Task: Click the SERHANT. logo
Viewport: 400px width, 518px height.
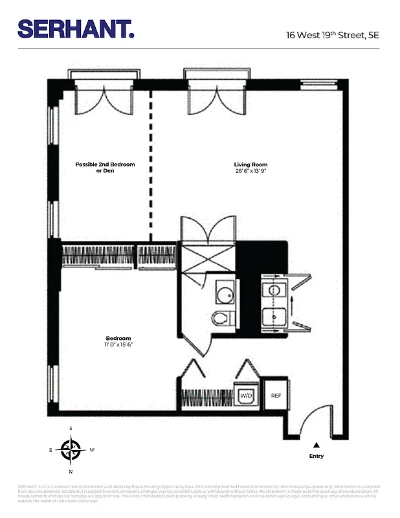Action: (76, 29)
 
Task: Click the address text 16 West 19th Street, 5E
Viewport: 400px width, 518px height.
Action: (332, 35)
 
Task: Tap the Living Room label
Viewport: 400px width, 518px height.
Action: (250, 164)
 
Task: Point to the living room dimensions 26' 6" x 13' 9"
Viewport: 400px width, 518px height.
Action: (250, 172)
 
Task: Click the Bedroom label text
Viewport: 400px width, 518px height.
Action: (118, 339)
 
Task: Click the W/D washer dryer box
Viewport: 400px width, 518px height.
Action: (246, 395)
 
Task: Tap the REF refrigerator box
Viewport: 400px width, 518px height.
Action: (276, 395)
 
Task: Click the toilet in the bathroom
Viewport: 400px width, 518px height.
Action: (221, 318)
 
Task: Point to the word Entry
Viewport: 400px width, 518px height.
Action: (317, 456)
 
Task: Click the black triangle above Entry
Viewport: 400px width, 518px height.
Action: (317, 445)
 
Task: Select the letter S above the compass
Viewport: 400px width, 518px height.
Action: (71, 429)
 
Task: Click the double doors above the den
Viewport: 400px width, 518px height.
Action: (104, 95)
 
